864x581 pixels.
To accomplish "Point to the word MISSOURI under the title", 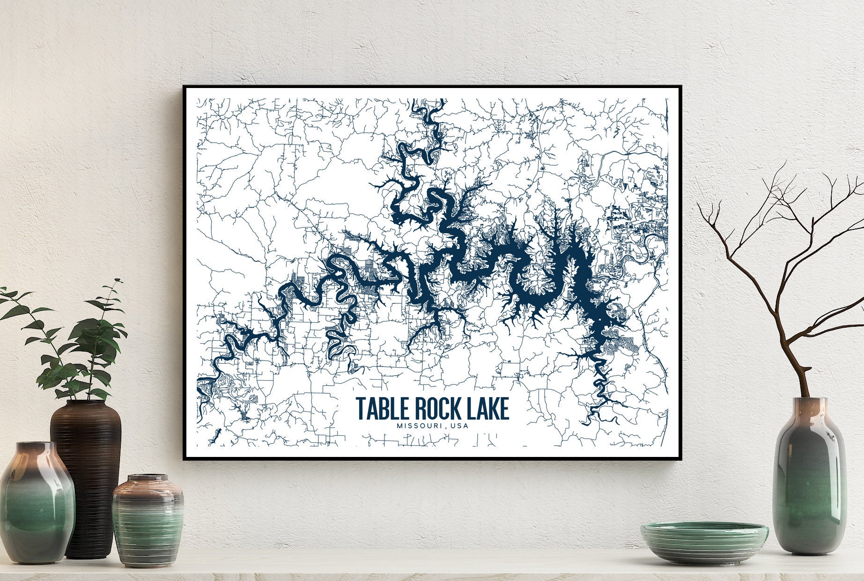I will pyautogui.click(x=418, y=426).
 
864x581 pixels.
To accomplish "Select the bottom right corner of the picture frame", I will pyautogui.click(x=681, y=460).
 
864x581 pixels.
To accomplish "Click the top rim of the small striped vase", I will pyautogui.click(x=148, y=478).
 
